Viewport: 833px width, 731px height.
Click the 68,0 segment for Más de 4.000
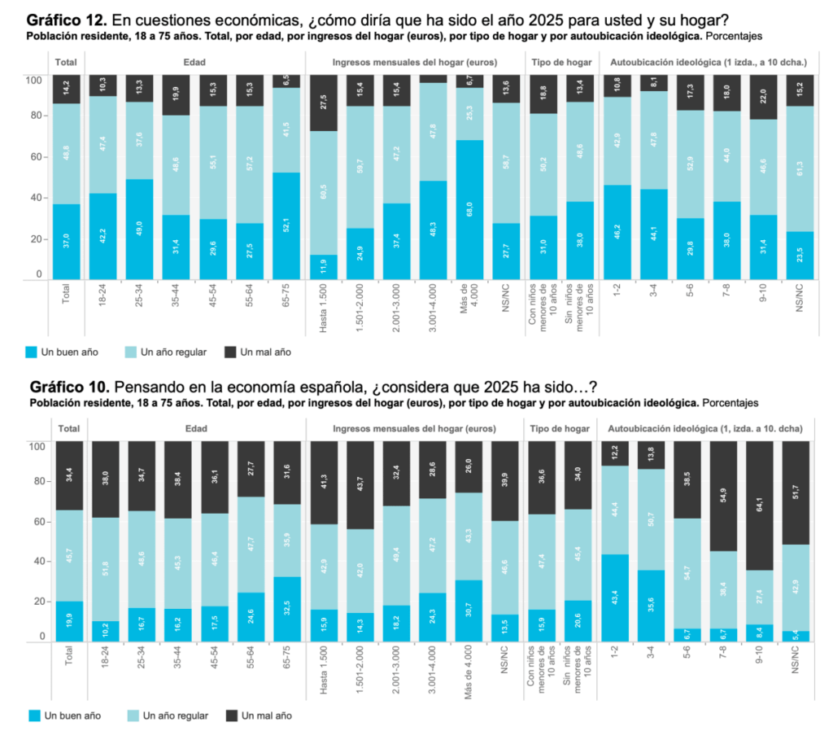[x=469, y=209]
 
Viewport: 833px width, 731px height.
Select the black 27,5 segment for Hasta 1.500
[x=325, y=103]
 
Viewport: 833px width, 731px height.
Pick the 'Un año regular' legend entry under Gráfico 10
[x=169, y=716]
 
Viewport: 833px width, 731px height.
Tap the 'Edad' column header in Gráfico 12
[x=195, y=62]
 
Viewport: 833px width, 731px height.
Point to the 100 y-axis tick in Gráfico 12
[x=33, y=79]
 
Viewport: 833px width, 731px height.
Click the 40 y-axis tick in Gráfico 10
[x=36, y=562]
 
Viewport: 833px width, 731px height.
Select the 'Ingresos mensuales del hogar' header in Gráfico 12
[x=415, y=62]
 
